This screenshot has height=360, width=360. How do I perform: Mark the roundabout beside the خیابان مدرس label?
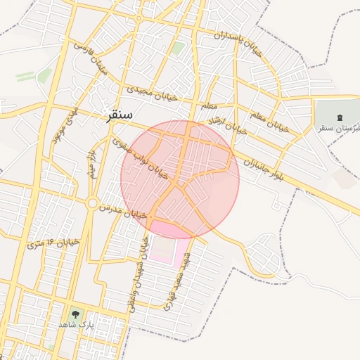pos(92,203)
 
